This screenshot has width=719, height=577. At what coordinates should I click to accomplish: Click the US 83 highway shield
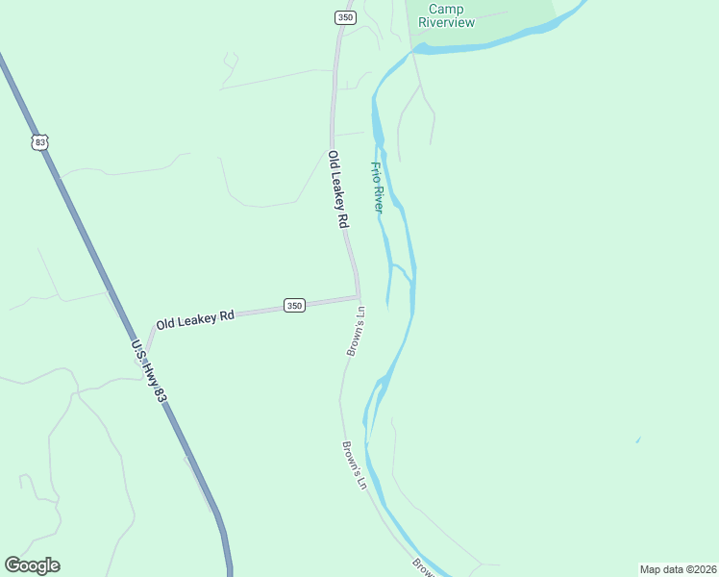pos(39,142)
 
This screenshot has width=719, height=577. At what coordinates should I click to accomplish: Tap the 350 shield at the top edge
pos(345,17)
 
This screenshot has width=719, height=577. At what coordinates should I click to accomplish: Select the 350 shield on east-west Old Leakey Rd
pos(294,306)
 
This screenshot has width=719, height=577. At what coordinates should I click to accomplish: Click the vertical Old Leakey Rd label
pos(337,188)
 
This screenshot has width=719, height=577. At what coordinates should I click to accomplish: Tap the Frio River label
pos(378,187)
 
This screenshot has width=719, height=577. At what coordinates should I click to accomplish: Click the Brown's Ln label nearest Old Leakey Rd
pos(356,332)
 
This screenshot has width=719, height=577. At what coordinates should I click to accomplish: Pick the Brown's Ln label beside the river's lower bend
pos(355,465)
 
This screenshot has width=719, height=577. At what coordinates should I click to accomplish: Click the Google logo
pos(32,565)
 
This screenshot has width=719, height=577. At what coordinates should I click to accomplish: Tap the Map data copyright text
pos(678,568)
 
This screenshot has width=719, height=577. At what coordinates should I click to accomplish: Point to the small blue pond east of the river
pos(637,440)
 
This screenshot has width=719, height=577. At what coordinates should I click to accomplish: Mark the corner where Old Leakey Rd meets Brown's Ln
pos(359,296)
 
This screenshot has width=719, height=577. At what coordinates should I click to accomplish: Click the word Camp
pos(446,10)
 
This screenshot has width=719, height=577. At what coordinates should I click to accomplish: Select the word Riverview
pos(446,23)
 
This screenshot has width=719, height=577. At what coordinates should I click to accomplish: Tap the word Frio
pos(376,173)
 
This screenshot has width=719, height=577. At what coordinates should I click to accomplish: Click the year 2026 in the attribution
pos(702,568)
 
